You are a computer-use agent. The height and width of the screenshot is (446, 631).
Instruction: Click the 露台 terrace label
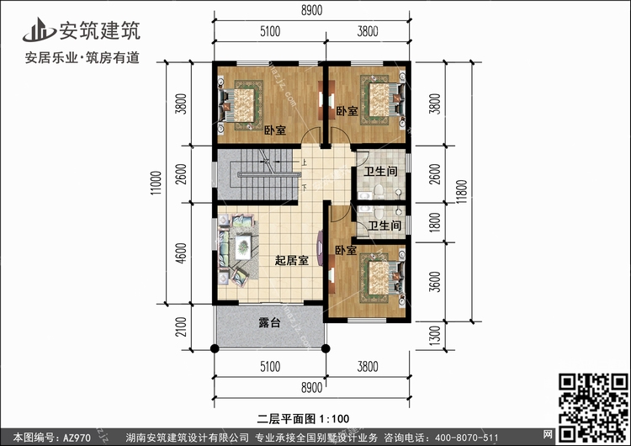pos(268,322)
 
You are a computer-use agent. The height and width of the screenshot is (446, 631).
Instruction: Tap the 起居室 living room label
pos(291,261)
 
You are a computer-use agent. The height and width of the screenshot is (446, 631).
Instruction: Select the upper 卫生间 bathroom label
pos(380,172)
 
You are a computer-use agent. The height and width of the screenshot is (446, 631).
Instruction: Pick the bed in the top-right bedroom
pos(379,98)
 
